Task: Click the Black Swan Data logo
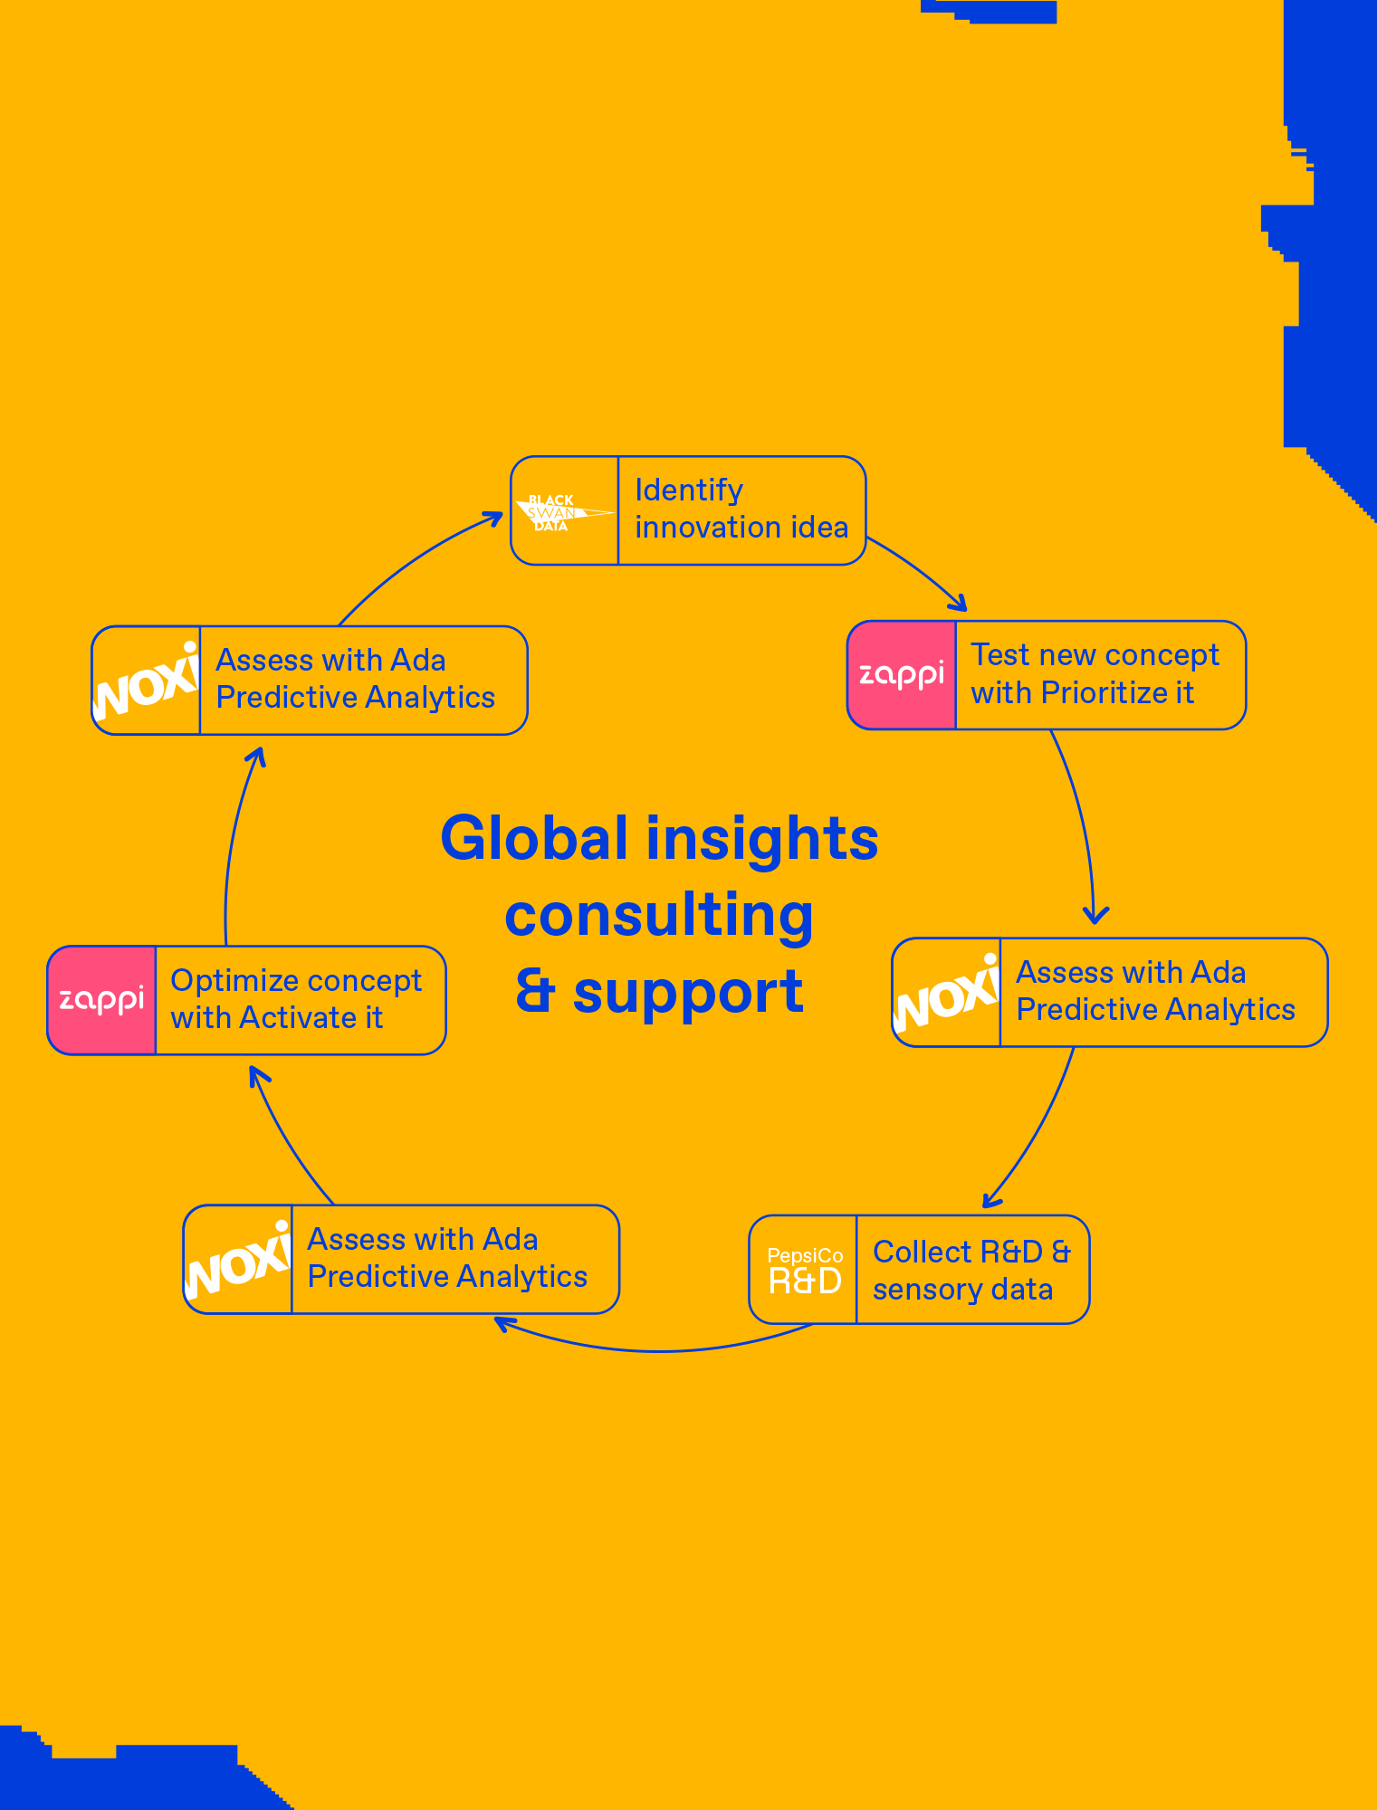(563, 512)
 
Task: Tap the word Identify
(689, 491)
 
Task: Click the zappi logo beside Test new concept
(901, 675)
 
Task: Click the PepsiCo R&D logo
(804, 1271)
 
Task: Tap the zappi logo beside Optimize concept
(101, 1001)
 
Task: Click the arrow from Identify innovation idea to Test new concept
(919, 571)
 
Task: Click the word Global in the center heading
(533, 838)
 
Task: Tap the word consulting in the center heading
(659, 916)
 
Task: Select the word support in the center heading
(688, 993)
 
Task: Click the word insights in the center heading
(761, 838)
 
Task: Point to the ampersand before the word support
(534, 993)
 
